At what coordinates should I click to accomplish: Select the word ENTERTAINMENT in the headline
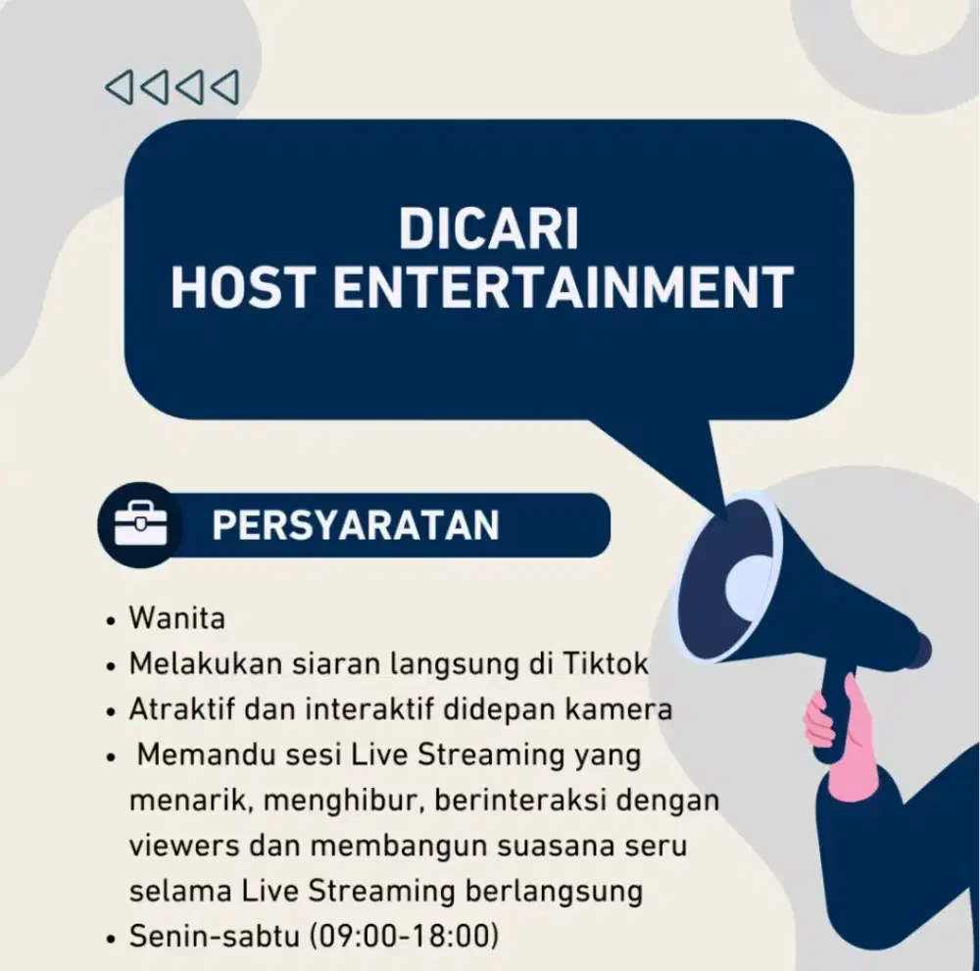coord(563,288)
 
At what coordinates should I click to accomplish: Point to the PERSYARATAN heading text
coord(355,526)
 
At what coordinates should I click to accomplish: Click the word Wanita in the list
coord(177,619)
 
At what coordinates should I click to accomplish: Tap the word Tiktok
coord(606,663)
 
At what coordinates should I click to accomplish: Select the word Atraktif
coord(176,709)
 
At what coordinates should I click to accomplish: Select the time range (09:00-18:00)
coord(404,937)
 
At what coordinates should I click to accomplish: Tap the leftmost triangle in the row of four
coord(119,86)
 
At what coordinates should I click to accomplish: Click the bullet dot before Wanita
coord(112,621)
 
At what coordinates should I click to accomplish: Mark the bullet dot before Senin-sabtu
coord(112,939)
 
